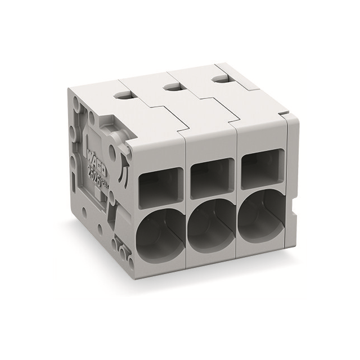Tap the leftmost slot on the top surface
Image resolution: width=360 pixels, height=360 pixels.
coord(122,96)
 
